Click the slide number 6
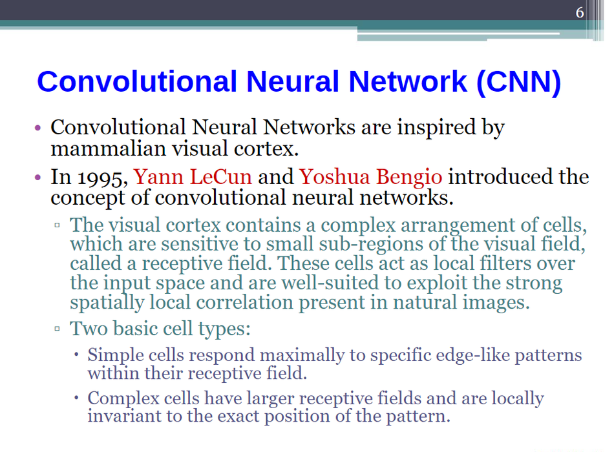click(580, 12)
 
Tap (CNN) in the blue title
click(519, 81)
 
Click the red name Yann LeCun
click(193, 176)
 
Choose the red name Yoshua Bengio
click(371, 178)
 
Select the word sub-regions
click(371, 245)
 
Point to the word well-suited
click(330, 283)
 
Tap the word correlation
click(244, 302)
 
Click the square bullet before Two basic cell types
click(57, 329)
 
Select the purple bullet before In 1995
click(37, 178)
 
